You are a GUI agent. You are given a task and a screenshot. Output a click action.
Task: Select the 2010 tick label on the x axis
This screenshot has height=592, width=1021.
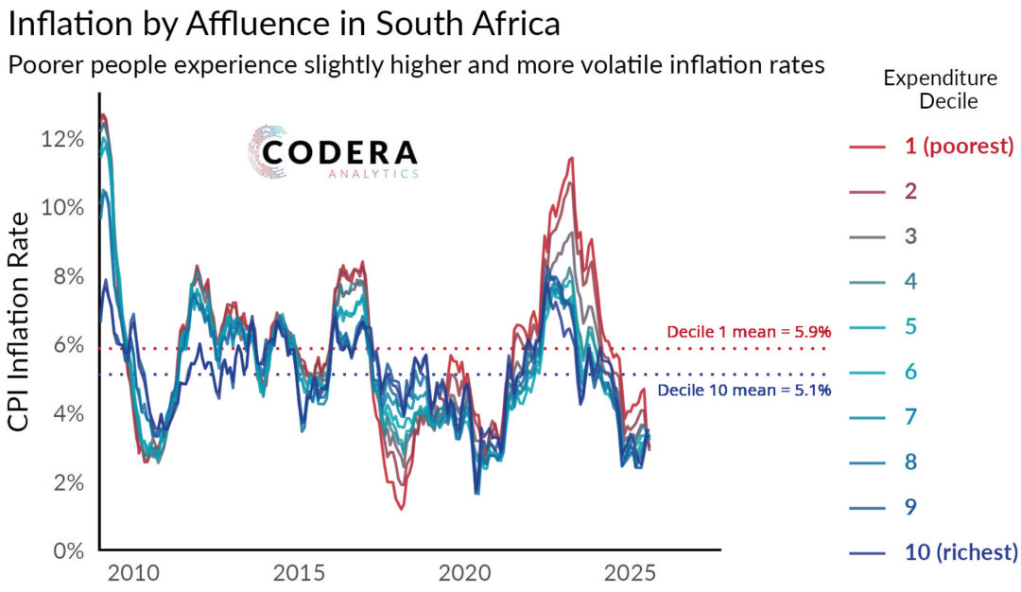[x=133, y=575]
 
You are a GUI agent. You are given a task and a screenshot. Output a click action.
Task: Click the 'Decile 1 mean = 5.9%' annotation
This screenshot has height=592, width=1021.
[x=749, y=332]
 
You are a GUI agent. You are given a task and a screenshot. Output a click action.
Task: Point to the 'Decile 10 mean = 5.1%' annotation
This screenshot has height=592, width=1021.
[x=744, y=390]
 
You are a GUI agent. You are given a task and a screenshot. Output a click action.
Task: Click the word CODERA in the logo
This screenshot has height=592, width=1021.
[x=339, y=153]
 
